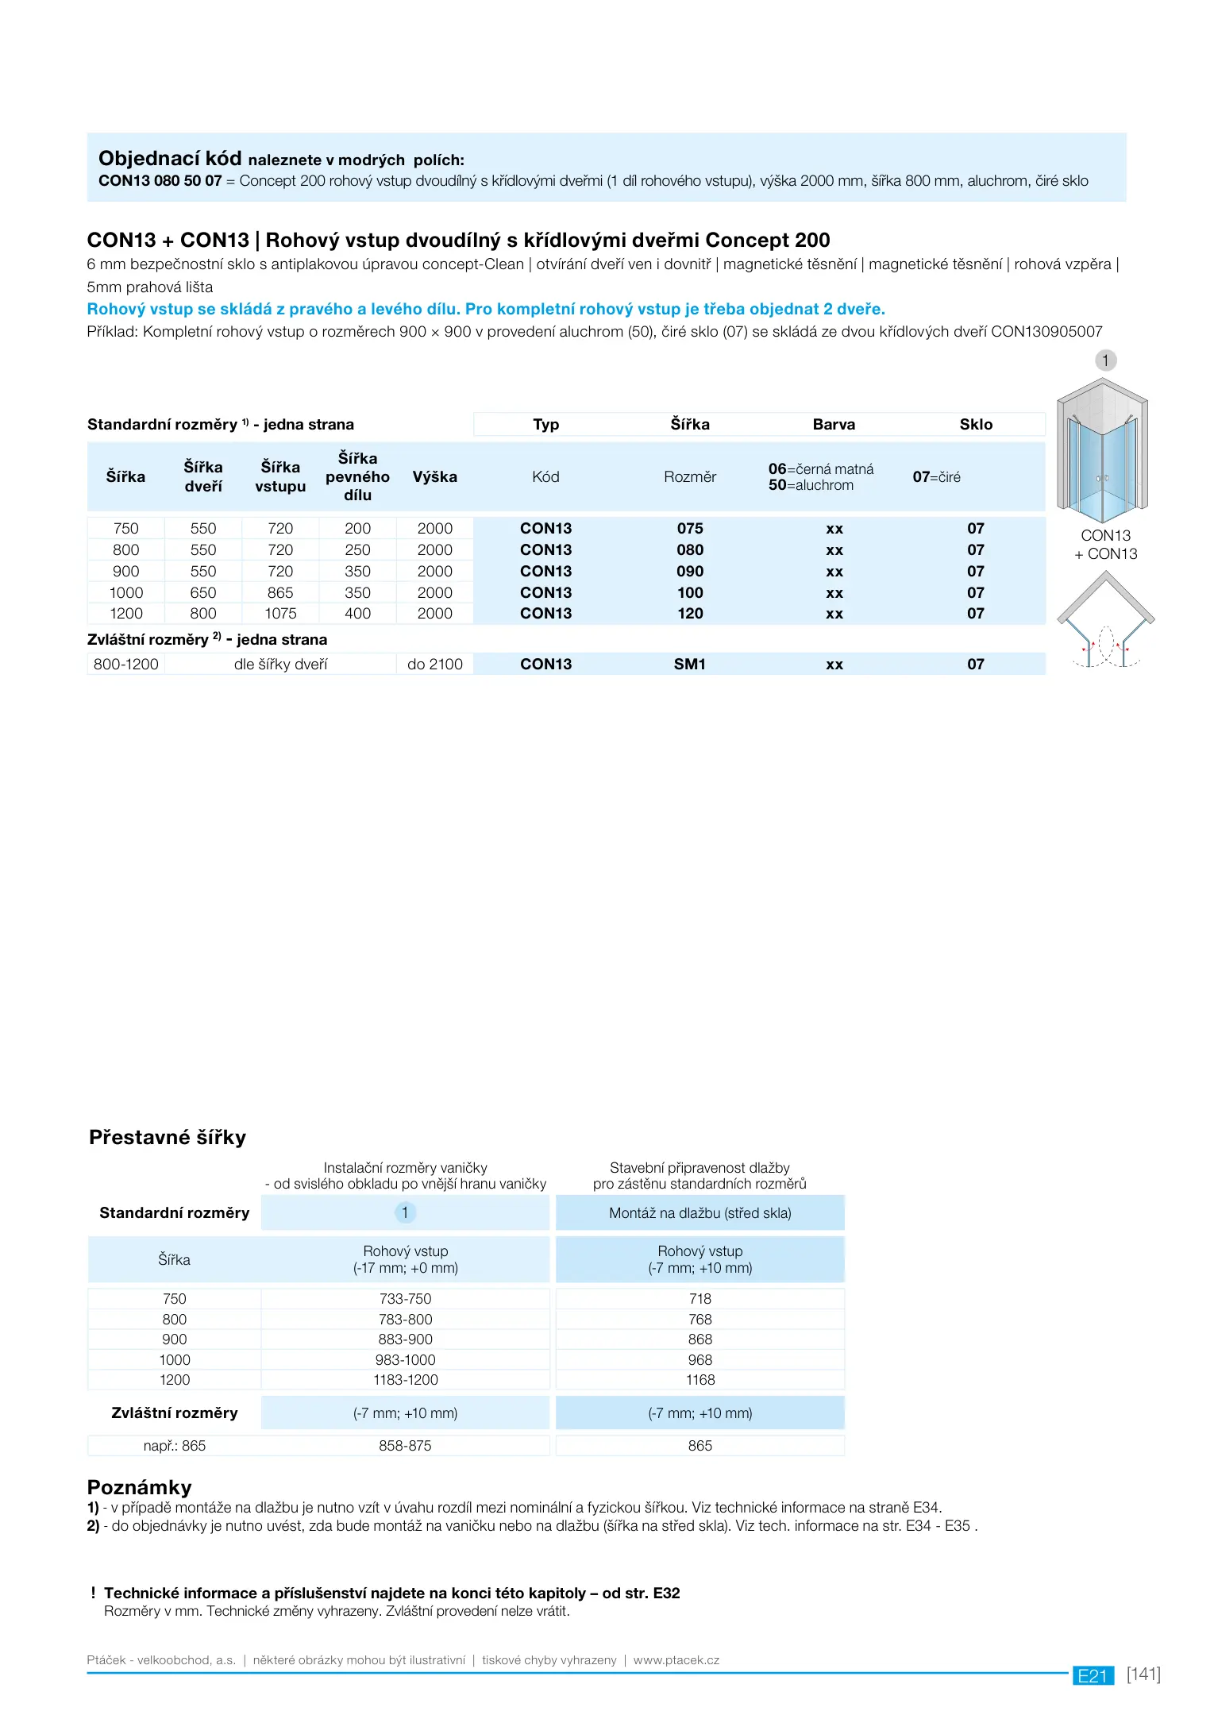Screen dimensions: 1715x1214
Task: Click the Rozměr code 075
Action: (690, 529)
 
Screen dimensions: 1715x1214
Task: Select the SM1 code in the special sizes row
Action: (690, 665)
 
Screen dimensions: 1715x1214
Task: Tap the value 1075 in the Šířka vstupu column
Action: (280, 614)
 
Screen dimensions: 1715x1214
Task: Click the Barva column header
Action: (834, 425)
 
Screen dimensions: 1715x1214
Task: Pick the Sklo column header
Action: (976, 425)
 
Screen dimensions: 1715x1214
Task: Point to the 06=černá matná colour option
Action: (821, 469)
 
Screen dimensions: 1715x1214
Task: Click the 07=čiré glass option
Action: (936, 477)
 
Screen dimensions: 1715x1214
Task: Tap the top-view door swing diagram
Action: (1105, 621)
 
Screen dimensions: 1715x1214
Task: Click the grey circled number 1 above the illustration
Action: (1105, 360)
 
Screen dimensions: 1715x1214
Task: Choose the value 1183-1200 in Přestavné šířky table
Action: (406, 1380)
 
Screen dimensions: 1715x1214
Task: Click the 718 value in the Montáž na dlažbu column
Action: (700, 1299)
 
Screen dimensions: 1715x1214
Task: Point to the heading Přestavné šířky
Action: (168, 1138)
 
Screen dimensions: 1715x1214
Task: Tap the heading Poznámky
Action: (140, 1487)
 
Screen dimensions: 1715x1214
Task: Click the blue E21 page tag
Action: (1093, 1675)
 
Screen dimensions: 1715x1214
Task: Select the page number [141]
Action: (1143, 1674)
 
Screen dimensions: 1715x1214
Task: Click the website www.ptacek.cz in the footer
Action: (676, 1660)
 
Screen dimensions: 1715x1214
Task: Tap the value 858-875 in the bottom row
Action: (405, 1446)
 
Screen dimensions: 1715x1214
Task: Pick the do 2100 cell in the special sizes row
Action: (435, 665)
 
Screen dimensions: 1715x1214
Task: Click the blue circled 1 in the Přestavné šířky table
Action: (405, 1212)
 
